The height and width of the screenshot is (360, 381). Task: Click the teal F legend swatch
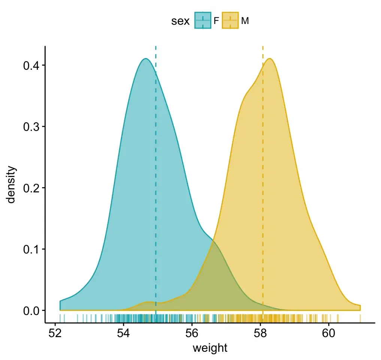coord(203,21)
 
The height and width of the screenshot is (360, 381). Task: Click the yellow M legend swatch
coord(230,21)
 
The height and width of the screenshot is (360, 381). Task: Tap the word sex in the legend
coord(180,21)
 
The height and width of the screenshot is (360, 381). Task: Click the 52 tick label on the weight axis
coord(55,332)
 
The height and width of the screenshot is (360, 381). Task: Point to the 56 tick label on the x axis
coord(192,332)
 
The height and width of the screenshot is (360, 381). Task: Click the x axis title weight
coord(210,348)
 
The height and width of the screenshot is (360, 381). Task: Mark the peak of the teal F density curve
coord(145,59)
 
